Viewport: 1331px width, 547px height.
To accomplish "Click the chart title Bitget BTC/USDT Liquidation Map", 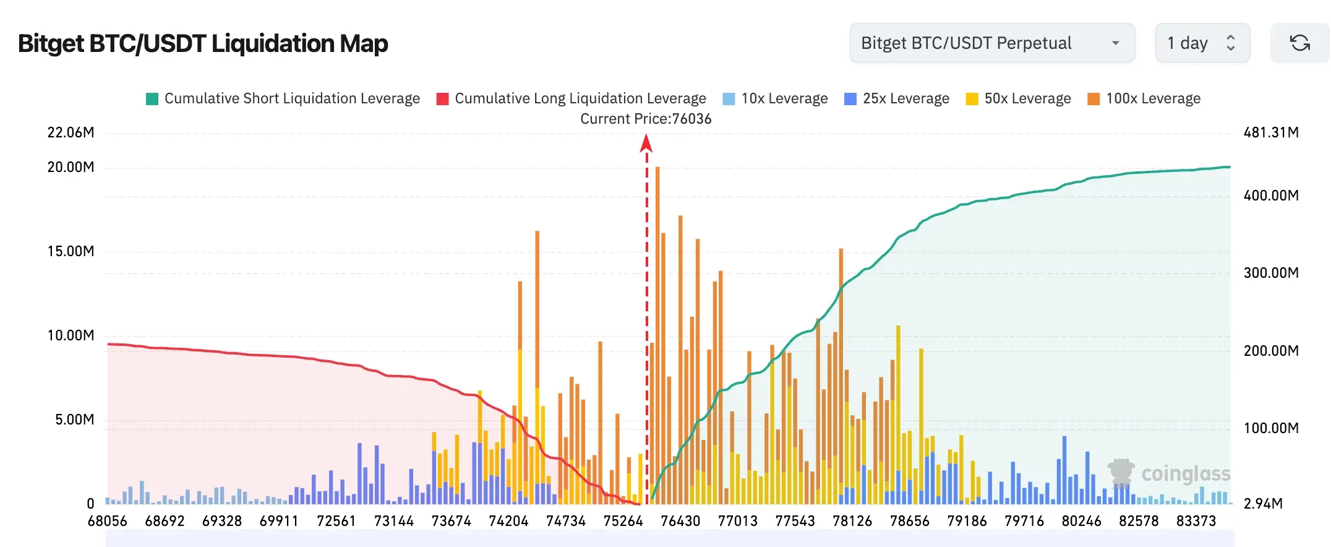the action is pyautogui.click(x=203, y=43).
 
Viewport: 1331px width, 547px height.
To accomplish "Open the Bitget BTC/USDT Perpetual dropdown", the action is pyautogui.click(x=992, y=43).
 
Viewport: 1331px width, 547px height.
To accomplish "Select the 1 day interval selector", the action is pyautogui.click(x=1202, y=43).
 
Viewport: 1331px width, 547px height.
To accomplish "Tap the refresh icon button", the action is pyautogui.click(x=1299, y=43).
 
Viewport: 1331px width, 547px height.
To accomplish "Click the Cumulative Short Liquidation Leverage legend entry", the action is pyautogui.click(x=283, y=98).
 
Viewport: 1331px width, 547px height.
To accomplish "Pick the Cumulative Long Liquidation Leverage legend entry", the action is pyautogui.click(x=571, y=98).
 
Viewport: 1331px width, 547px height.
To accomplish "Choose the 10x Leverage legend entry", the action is pyautogui.click(x=775, y=98).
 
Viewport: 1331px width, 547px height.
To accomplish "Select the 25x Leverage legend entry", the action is pyautogui.click(x=897, y=98).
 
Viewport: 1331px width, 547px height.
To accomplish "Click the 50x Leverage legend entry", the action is pyautogui.click(x=1019, y=98).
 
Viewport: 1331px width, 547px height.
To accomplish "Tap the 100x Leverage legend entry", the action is pyautogui.click(x=1144, y=98).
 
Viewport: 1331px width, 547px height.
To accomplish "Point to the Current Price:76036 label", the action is pyautogui.click(x=646, y=119).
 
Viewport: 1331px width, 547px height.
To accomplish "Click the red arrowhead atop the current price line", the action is pyautogui.click(x=646, y=143).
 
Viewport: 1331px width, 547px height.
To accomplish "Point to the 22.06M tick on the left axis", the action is pyautogui.click(x=71, y=132).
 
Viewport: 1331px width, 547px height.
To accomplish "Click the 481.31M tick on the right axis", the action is pyautogui.click(x=1271, y=132).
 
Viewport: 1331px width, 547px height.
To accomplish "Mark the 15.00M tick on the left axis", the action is pyautogui.click(x=71, y=251).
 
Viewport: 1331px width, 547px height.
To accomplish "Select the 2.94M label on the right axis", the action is pyautogui.click(x=1263, y=504).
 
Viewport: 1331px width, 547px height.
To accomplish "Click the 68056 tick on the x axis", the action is pyautogui.click(x=108, y=521).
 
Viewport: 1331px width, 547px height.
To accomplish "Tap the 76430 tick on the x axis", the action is pyautogui.click(x=680, y=521).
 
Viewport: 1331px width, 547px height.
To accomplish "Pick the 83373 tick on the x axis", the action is pyautogui.click(x=1196, y=521).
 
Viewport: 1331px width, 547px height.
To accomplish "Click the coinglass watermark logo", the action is pyautogui.click(x=1169, y=474).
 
